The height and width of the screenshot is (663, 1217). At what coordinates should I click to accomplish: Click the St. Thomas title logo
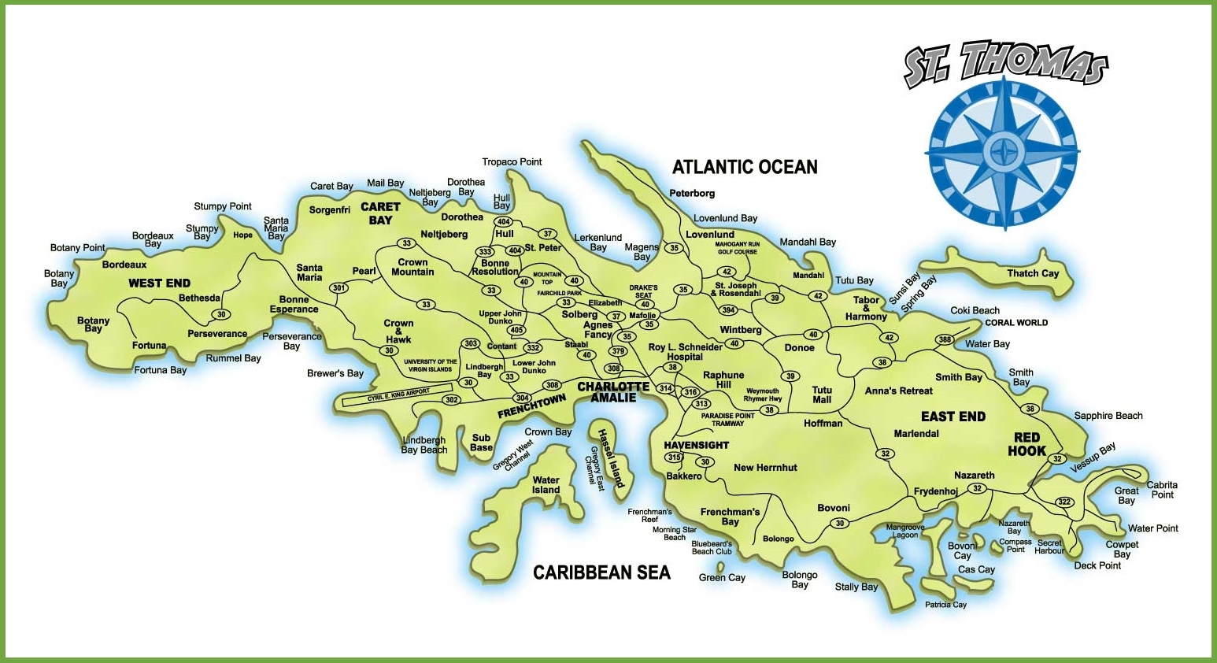1005,63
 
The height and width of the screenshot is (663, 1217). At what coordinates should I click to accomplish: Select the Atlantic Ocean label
744,167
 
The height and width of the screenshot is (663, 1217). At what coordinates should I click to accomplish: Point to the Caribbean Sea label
601,572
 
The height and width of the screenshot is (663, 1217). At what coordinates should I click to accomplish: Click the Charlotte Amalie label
613,392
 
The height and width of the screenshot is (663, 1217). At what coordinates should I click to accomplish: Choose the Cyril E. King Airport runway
398,394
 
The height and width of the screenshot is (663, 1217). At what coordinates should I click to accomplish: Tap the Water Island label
546,485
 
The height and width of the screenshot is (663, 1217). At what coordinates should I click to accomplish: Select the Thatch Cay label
1033,273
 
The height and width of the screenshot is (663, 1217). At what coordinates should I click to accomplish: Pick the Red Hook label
1026,444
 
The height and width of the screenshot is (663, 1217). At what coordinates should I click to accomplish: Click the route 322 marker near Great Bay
1064,502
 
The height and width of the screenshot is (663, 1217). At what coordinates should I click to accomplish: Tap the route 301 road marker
339,288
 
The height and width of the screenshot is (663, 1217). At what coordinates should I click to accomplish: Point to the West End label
159,283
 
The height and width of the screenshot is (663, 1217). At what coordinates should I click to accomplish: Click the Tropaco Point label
512,162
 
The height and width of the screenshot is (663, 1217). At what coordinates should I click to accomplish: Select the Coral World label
1016,323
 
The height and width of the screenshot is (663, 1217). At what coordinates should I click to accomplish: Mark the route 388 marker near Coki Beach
945,340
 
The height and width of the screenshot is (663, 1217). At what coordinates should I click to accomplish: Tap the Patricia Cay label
945,605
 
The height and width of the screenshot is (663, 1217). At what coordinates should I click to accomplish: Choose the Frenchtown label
531,406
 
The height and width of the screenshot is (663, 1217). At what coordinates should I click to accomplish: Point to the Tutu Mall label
822,394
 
